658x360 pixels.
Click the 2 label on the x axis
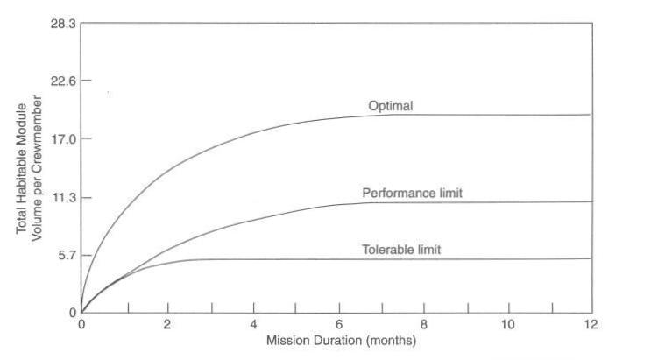click(x=166, y=325)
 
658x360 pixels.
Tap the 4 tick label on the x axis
click(x=252, y=325)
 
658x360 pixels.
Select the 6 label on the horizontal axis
click(x=338, y=325)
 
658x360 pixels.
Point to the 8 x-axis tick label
click(x=423, y=325)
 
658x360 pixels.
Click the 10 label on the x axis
click(x=508, y=325)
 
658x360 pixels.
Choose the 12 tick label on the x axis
click(x=592, y=325)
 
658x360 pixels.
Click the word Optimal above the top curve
click(x=390, y=106)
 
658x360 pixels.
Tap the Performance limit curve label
click(x=412, y=192)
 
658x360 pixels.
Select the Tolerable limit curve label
click(x=401, y=250)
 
